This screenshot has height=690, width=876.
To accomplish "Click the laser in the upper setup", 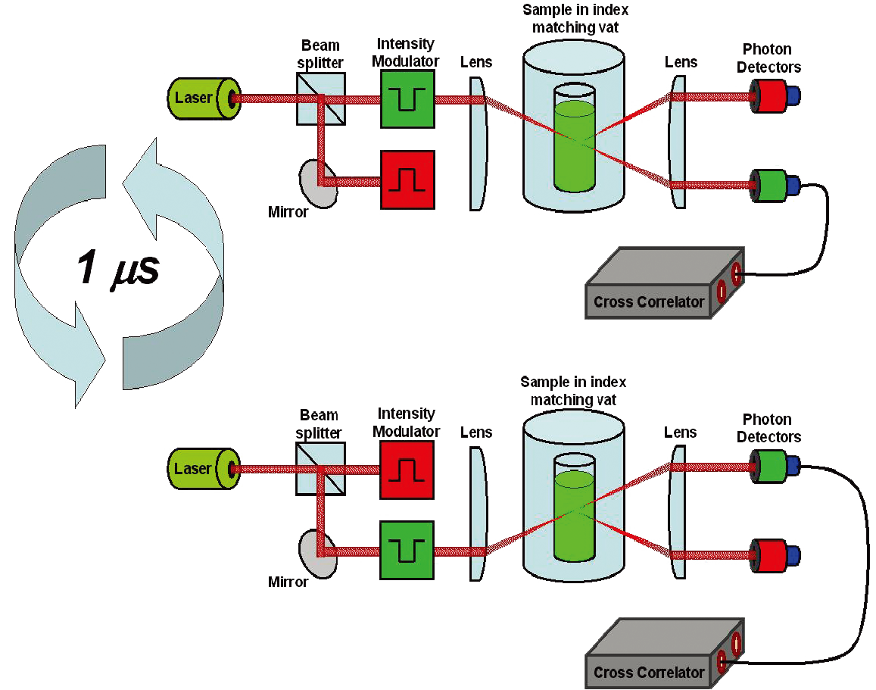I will point(201,98).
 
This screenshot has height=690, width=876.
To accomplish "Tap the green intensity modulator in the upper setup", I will point(408,98).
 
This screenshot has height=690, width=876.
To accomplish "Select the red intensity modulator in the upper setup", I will point(408,179).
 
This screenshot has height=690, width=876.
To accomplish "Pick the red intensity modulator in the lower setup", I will point(408,470).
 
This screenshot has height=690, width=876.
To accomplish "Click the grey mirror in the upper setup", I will point(318,183).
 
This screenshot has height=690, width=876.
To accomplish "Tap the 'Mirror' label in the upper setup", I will point(288,212).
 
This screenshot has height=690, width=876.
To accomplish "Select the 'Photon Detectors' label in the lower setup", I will point(768,428).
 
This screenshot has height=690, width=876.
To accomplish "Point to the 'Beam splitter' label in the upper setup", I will point(321,54).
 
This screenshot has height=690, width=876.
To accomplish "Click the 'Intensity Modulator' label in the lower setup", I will point(408,422).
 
